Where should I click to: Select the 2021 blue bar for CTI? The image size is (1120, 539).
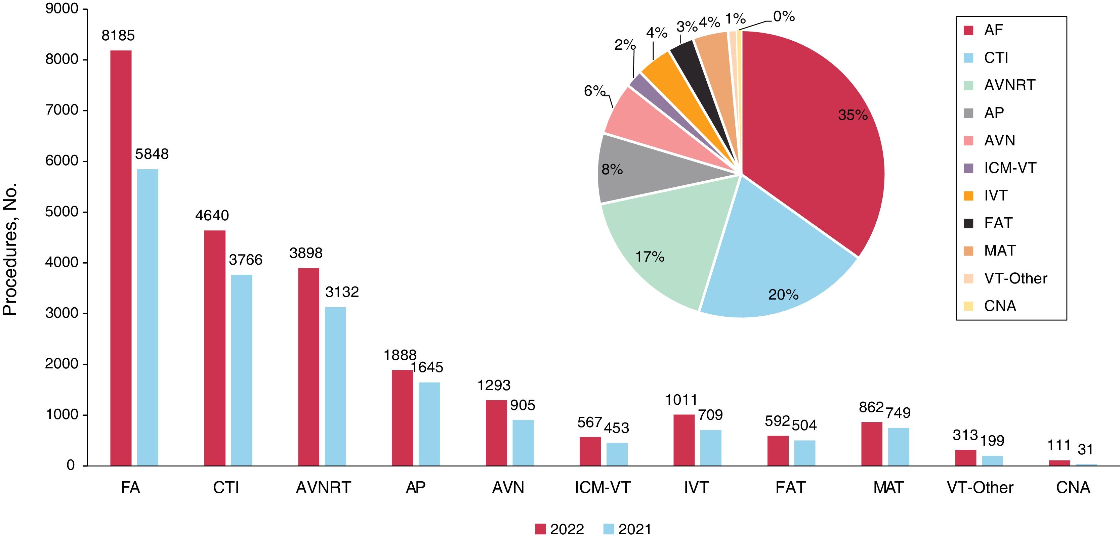point(241,370)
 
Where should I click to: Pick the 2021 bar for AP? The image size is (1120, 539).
point(429,424)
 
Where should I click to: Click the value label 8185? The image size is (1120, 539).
point(118,36)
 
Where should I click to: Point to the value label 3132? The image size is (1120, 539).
point(342,292)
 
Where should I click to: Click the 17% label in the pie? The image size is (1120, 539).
point(650,257)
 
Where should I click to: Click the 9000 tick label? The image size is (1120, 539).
point(62,9)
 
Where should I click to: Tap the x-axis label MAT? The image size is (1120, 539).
point(888,488)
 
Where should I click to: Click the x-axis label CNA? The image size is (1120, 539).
point(1073,488)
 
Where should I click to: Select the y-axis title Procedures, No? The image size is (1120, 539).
point(9,249)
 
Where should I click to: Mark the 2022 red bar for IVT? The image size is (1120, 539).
point(684,440)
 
